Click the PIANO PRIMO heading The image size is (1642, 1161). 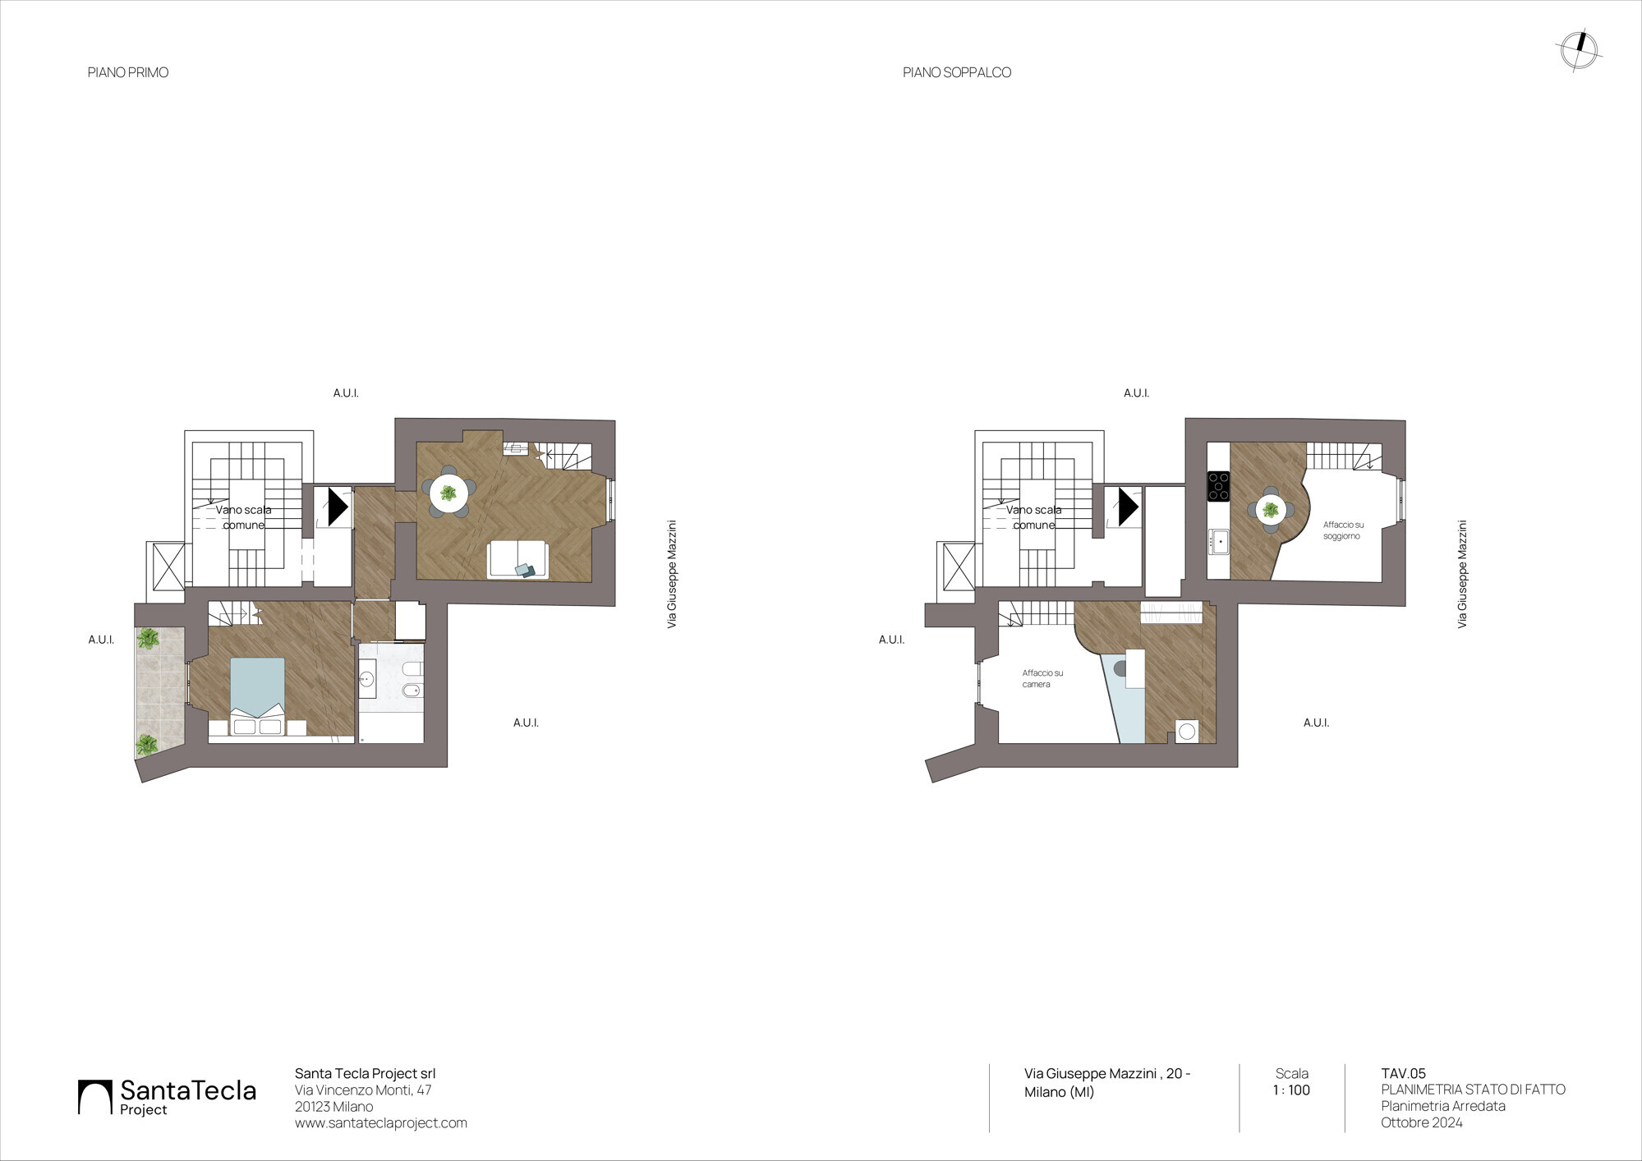[x=128, y=72]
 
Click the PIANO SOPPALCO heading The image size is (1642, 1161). [x=957, y=72]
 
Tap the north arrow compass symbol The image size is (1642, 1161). [x=1579, y=51]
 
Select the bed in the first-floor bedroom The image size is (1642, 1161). [x=257, y=696]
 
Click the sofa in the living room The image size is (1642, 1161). [x=517, y=560]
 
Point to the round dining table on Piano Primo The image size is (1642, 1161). [x=448, y=493]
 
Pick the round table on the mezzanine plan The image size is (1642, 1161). [x=1271, y=510]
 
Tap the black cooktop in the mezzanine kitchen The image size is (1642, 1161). [x=1218, y=485]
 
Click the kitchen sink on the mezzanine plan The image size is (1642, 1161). [x=1218, y=542]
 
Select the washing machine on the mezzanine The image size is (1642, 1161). [x=1186, y=731]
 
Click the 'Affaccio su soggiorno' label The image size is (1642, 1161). [x=1343, y=530]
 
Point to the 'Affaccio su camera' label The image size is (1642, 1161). [x=1042, y=678]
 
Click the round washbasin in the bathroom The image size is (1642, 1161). [x=367, y=679]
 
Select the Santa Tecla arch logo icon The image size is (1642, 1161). [x=94, y=1097]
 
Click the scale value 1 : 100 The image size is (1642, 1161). [x=1291, y=1090]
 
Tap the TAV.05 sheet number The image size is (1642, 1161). [x=1404, y=1073]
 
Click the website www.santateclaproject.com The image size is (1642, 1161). [x=381, y=1123]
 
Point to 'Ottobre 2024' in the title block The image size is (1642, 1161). [x=1422, y=1122]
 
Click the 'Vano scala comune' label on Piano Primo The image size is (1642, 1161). [x=244, y=517]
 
